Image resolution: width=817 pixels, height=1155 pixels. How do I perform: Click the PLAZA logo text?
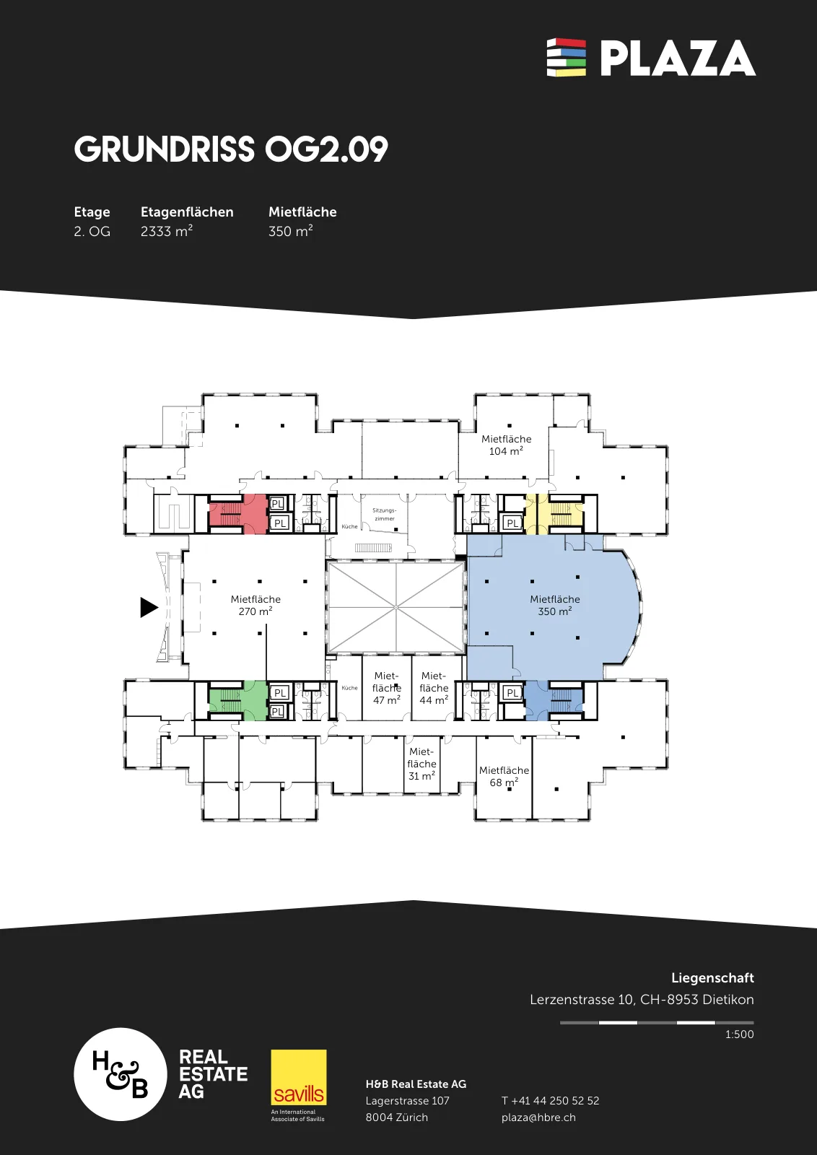pyautogui.click(x=678, y=58)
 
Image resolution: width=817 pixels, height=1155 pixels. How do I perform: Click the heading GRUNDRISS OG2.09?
pyautogui.click(x=231, y=149)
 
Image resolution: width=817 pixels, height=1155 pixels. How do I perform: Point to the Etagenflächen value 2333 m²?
pyautogui.click(x=167, y=231)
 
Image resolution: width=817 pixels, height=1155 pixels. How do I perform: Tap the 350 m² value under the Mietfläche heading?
pyautogui.click(x=291, y=231)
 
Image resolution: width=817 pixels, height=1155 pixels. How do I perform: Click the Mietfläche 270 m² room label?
pyautogui.click(x=255, y=606)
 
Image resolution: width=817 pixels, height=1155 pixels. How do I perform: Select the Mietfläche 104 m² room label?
pyautogui.click(x=506, y=445)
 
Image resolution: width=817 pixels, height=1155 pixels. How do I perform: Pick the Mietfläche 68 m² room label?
pyautogui.click(x=504, y=776)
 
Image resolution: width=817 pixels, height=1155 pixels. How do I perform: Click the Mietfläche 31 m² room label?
pyautogui.click(x=421, y=764)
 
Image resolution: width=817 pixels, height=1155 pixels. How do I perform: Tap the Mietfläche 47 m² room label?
pyautogui.click(x=387, y=688)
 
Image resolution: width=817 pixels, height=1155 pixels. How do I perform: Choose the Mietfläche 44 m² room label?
pyautogui.click(x=434, y=688)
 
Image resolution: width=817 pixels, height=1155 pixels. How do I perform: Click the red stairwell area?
pyautogui.click(x=238, y=513)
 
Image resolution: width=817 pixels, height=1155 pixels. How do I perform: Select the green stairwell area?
pyautogui.click(x=238, y=700)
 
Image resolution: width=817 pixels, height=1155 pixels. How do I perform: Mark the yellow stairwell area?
pyautogui.click(x=554, y=513)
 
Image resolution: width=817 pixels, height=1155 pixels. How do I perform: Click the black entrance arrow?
pyautogui.click(x=149, y=607)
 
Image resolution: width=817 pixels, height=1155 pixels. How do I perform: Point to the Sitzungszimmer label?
pyautogui.click(x=385, y=514)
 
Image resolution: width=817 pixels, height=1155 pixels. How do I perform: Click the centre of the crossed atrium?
pyautogui.click(x=396, y=607)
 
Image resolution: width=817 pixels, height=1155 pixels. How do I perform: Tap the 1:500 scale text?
pyautogui.click(x=739, y=1034)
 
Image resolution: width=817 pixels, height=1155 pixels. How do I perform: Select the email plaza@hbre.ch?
pyautogui.click(x=538, y=1117)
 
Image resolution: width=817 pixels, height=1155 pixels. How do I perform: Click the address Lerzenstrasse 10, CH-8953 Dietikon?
pyautogui.click(x=642, y=1000)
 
